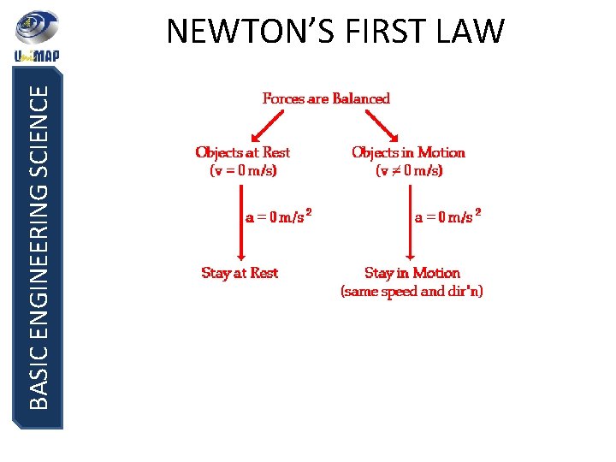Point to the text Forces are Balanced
[326, 98]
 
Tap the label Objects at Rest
[243, 152]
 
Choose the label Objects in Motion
[408, 152]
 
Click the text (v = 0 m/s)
[244, 170]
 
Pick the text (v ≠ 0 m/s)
[409, 170]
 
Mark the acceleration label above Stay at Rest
[278, 216]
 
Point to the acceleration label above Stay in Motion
[447, 216]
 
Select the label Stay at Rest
[240, 273]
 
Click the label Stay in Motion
[412, 273]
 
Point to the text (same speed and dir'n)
[412, 292]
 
